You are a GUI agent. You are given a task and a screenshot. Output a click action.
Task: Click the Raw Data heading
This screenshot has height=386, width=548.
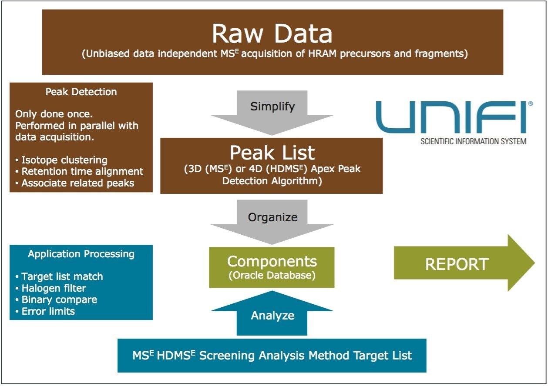272,33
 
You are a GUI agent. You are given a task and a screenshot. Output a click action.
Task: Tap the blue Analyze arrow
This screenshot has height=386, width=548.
272,316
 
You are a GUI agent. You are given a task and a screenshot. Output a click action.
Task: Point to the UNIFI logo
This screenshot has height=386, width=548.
451,117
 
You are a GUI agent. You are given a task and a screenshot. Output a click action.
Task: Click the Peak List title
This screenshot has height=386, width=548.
272,153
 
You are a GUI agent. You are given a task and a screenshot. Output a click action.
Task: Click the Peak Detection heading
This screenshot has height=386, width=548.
81,92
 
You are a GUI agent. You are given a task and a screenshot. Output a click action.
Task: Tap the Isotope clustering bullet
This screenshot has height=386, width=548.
61,160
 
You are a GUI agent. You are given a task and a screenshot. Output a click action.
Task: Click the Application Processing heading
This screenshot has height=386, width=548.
81,254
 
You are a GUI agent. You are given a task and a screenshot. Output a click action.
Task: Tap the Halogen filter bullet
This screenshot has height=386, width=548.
50,288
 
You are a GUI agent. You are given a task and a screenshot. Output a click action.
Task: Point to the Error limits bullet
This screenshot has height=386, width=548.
45,311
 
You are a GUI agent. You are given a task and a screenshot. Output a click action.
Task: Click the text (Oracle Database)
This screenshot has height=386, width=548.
272,275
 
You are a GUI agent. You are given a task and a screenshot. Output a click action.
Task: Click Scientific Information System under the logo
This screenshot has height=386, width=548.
474,141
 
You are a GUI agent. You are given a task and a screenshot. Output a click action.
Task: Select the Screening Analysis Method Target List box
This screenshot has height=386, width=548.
272,356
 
